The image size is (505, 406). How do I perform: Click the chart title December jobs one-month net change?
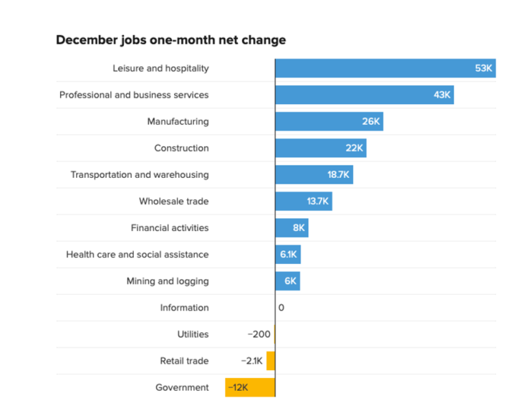click(x=170, y=40)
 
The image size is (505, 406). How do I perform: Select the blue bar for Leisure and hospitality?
click(x=372, y=68)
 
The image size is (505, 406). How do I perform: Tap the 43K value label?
click(x=442, y=95)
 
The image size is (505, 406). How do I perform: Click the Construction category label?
click(x=181, y=148)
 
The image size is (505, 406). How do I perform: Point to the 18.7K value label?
click(x=339, y=174)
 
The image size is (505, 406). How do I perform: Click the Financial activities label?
click(x=170, y=227)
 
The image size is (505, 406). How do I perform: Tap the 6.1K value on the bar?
click(x=289, y=254)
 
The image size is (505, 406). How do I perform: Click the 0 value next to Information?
click(x=282, y=308)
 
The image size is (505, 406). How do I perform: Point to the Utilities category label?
click(x=193, y=334)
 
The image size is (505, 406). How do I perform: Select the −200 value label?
click(x=259, y=334)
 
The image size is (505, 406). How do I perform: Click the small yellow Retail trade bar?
click(x=271, y=361)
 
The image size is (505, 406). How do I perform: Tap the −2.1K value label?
click(x=253, y=361)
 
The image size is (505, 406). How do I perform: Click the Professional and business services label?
click(x=134, y=95)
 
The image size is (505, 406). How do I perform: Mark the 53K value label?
click(x=484, y=68)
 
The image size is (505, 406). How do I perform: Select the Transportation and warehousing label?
click(x=140, y=174)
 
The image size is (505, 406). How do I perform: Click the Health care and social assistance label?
click(x=138, y=254)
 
